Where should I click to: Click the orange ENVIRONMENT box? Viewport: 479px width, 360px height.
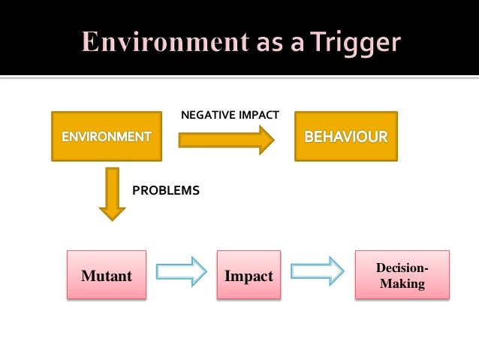tap(106, 137)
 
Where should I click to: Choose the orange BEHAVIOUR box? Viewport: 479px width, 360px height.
tap(346, 137)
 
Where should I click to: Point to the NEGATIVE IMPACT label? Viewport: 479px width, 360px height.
tap(230, 115)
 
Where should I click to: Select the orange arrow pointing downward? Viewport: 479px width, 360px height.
tap(113, 193)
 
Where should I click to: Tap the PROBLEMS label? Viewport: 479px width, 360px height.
tap(166, 191)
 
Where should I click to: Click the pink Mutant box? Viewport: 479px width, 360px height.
tap(106, 276)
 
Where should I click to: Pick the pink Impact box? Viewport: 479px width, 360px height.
tap(249, 276)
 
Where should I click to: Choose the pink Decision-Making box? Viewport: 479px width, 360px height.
tap(402, 276)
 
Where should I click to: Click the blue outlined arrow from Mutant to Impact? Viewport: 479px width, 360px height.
tap(180, 272)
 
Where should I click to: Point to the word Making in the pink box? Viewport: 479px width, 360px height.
tap(402, 284)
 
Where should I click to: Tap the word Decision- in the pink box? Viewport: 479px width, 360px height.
tap(402, 269)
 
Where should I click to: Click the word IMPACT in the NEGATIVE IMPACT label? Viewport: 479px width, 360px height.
tap(257, 115)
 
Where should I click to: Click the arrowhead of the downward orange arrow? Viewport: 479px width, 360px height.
tap(113, 212)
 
